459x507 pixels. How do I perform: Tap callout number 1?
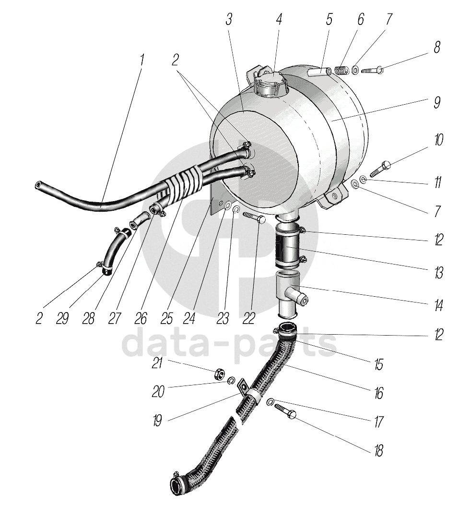point(141,61)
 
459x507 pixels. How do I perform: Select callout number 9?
point(437,102)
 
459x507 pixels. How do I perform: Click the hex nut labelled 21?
point(217,372)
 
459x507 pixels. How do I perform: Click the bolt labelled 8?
point(372,71)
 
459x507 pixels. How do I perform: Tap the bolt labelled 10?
point(382,168)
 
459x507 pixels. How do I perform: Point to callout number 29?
point(62,319)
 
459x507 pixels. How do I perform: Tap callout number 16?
point(379,394)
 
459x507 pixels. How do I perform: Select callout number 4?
point(279,20)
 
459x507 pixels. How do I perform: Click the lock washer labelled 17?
point(271,401)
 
